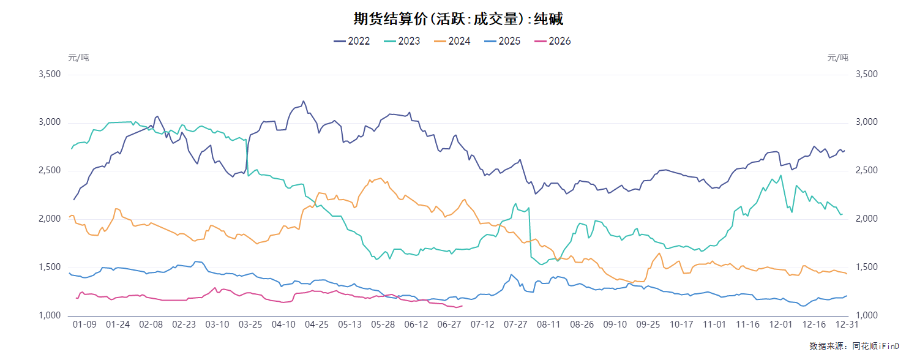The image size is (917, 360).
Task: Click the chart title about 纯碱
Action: pos(458,19)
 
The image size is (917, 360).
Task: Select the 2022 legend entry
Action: pos(351,41)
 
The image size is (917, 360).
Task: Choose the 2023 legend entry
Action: pos(402,41)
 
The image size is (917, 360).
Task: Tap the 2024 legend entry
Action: pos(452,41)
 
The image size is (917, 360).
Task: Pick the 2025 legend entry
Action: pos(503,41)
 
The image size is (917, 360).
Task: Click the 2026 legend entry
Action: pos(552,41)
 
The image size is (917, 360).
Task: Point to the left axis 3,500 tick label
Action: pos(50,74)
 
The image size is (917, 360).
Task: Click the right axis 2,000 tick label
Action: pos(867,219)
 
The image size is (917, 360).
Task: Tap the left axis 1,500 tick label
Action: pos(50,267)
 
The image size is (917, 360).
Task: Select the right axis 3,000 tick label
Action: pos(867,122)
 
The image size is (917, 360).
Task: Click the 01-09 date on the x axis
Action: pos(84,324)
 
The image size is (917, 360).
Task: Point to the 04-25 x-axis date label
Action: pos(316,324)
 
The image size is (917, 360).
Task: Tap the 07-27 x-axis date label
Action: pos(515,324)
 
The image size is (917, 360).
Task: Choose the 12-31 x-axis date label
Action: pos(847,324)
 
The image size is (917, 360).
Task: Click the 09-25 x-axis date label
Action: pos(648,324)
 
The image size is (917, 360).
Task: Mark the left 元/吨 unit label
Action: pos(78,58)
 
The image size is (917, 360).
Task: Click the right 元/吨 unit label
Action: pos(837,58)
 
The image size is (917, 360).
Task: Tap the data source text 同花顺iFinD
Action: pos(875,346)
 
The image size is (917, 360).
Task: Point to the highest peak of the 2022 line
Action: pos(304,101)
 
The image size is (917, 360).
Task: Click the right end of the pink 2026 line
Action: pos(462,306)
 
